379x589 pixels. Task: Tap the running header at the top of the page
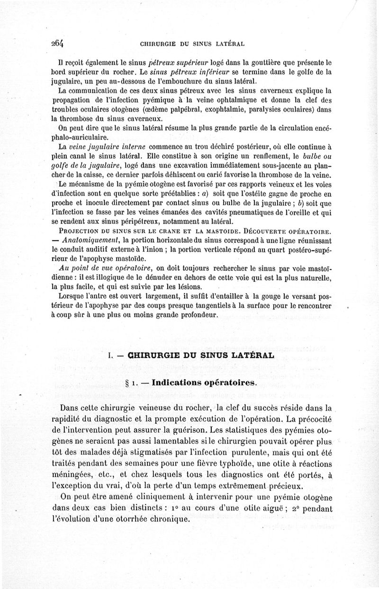point(192,45)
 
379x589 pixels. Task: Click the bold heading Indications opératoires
point(204,383)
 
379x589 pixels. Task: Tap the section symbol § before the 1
point(127,383)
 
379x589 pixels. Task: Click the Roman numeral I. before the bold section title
point(112,355)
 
